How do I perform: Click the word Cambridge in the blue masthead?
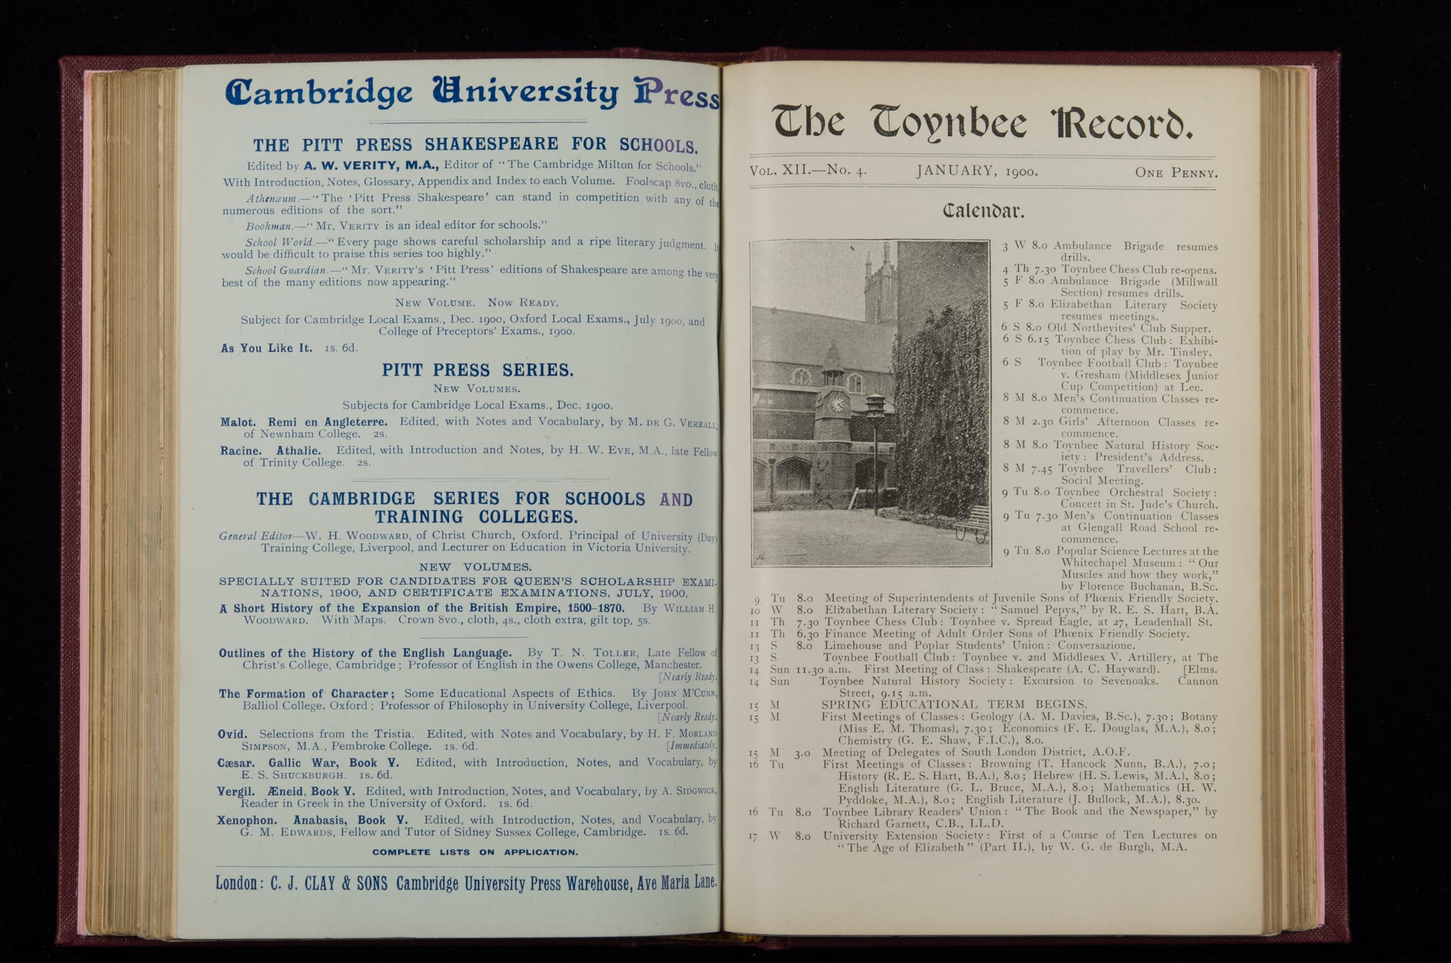click(x=318, y=92)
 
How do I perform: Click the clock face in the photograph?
click(x=837, y=404)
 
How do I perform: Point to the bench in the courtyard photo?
click(x=971, y=524)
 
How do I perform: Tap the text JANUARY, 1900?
click(x=977, y=171)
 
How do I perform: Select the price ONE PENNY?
click(x=1175, y=173)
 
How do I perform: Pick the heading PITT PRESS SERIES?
click(x=477, y=370)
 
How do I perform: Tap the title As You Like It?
click(x=266, y=348)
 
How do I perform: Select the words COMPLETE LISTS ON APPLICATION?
click(x=475, y=852)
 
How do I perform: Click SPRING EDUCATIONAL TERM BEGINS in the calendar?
click(x=954, y=704)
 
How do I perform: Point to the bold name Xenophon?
click(x=246, y=820)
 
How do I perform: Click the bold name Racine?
click(x=241, y=451)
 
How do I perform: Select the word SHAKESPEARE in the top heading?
click(x=491, y=144)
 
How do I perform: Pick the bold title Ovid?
click(x=232, y=734)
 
